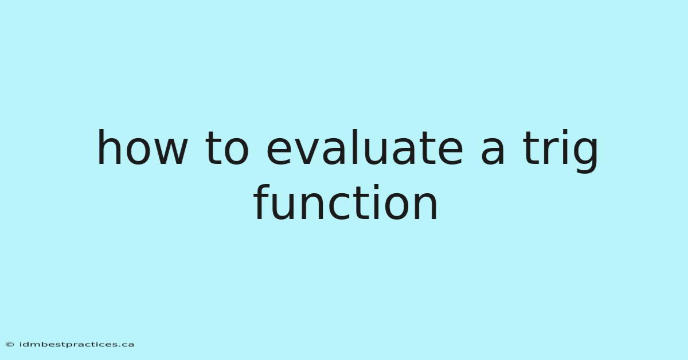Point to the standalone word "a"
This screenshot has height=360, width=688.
492,152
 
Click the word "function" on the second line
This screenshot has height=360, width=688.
345,202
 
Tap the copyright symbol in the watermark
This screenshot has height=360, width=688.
10,345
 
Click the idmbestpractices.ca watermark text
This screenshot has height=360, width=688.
76,345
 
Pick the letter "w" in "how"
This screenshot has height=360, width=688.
170,152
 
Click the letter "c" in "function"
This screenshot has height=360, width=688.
339,206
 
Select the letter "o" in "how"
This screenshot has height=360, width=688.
137,152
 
